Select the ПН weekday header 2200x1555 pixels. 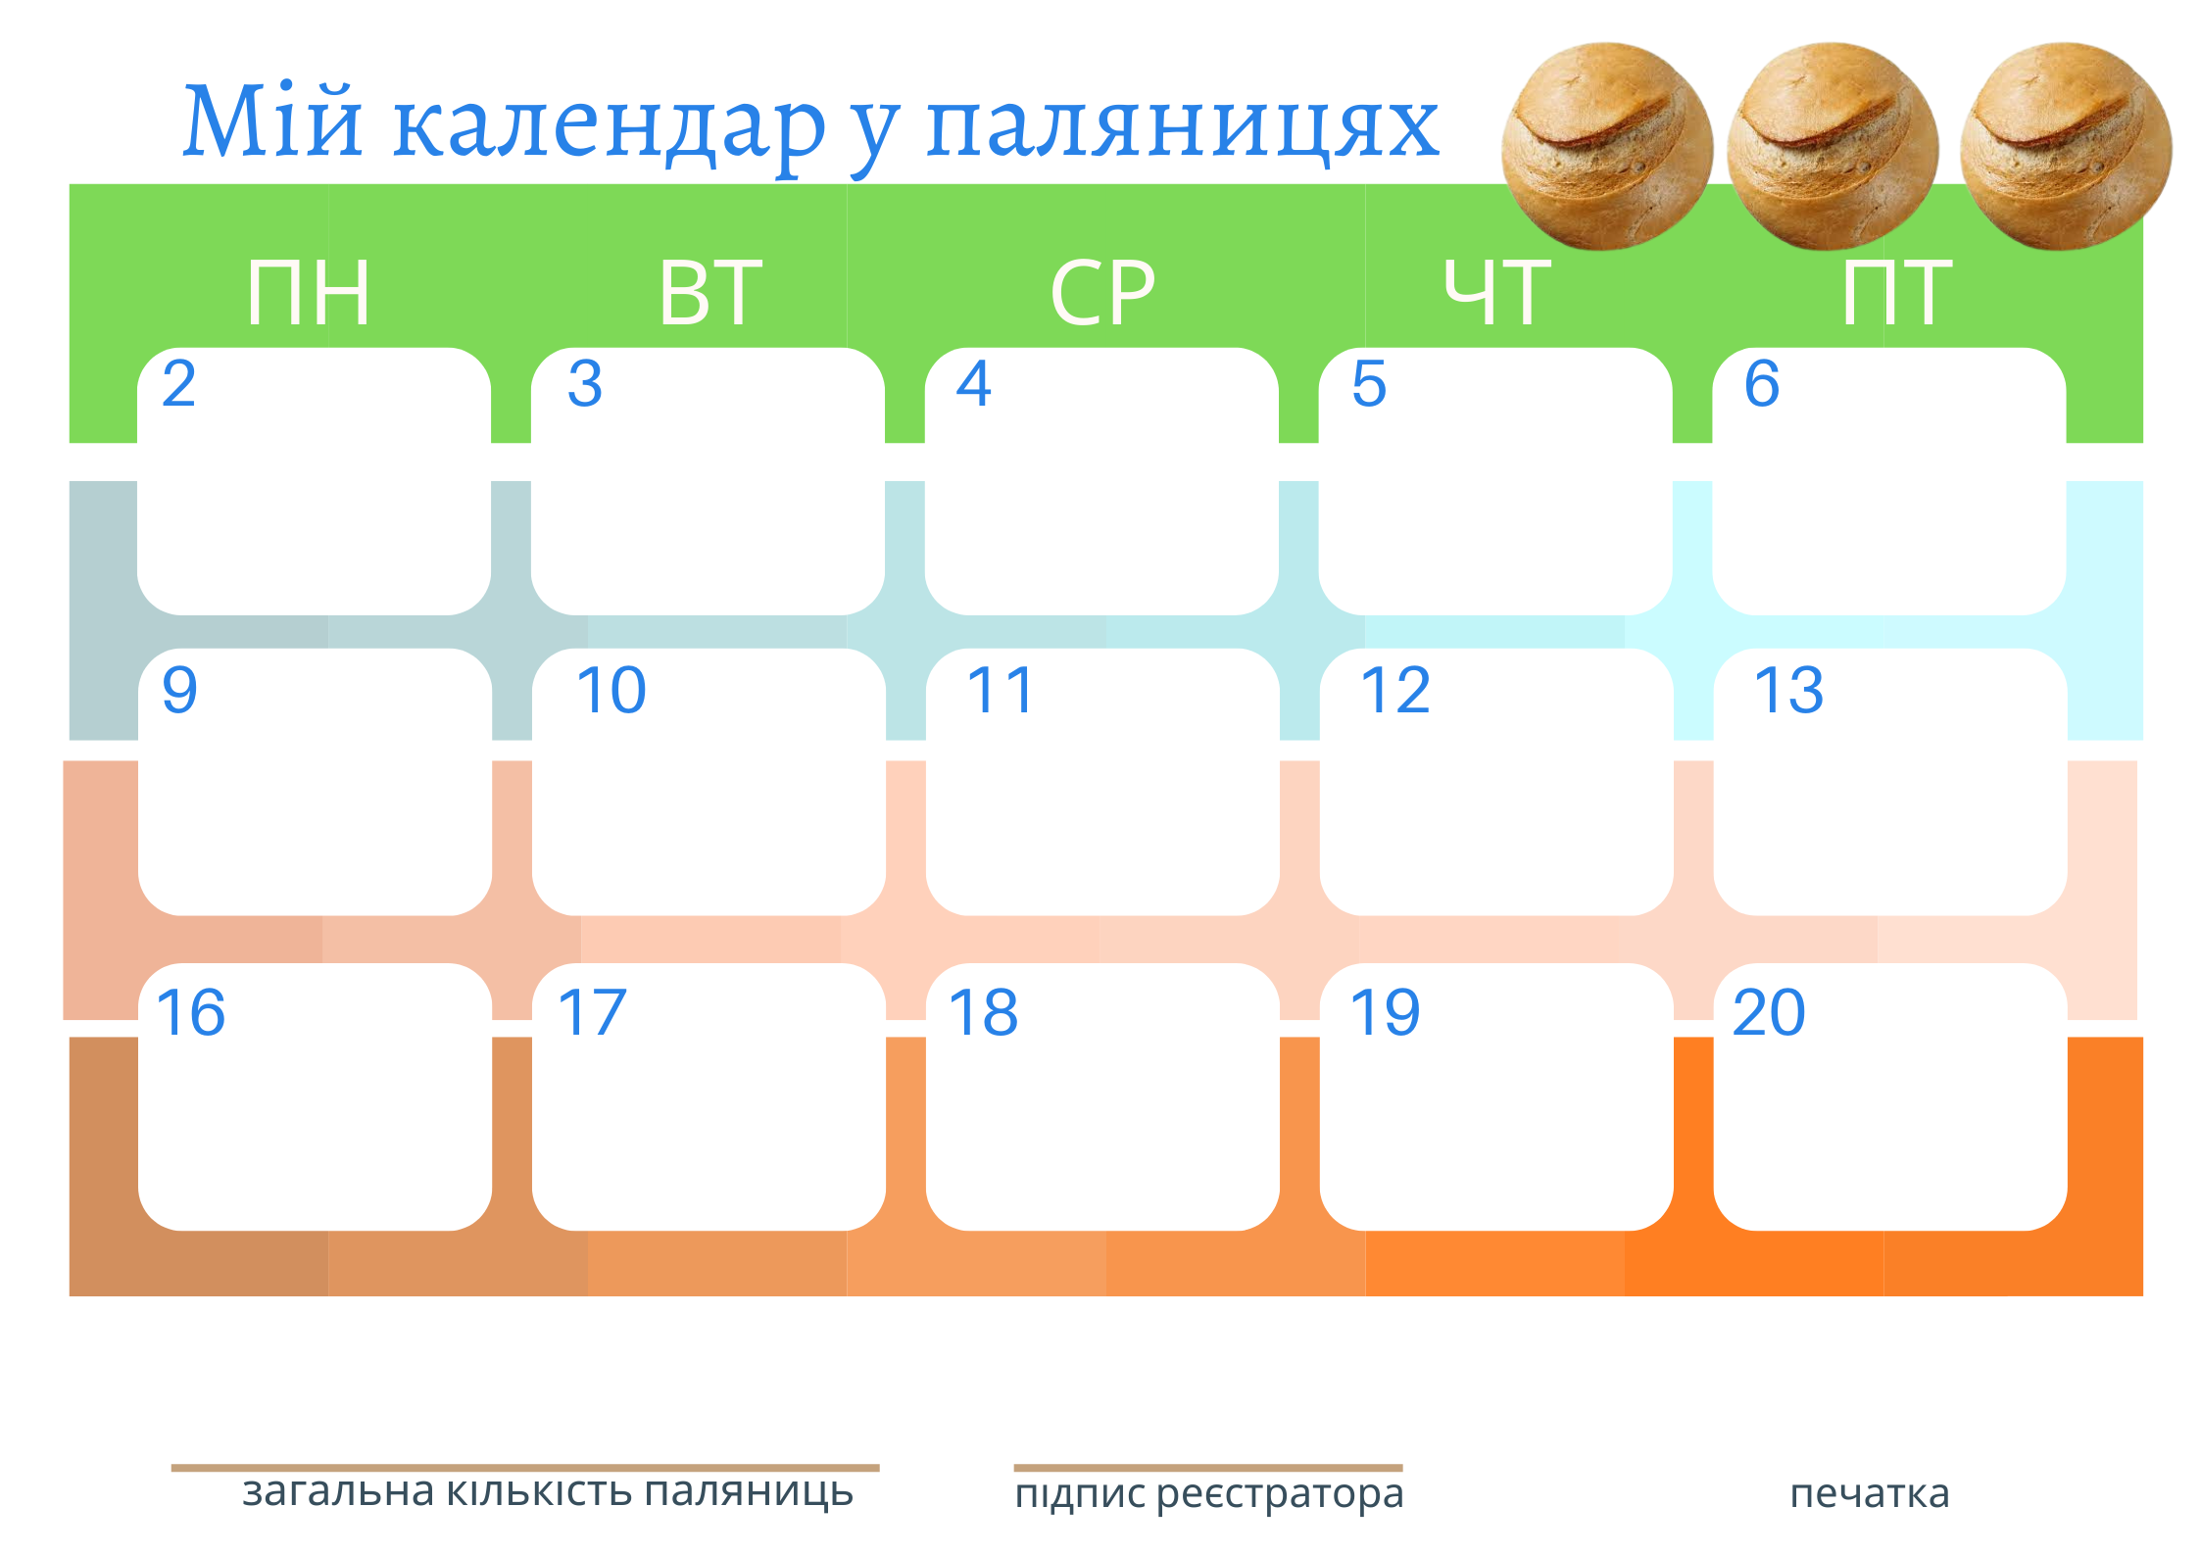[309, 292]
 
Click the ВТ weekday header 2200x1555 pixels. [710, 292]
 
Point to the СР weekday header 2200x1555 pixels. [1103, 292]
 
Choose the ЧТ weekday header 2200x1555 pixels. [1496, 292]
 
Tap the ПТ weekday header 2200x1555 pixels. [1897, 292]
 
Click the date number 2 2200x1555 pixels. [179, 383]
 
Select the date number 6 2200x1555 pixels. [1762, 383]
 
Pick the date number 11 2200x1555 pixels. [1000, 690]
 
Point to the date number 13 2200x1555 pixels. [1788, 690]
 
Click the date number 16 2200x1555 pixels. [191, 1012]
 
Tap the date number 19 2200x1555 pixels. [1385, 1012]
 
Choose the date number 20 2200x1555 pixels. [1769, 1012]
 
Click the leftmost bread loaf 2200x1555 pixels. [1607, 146]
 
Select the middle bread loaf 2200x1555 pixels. [1832, 146]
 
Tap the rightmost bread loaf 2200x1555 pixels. [2066, 146]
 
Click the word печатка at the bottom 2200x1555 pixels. [1870, 1493]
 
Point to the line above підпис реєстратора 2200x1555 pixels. [1208, 1468]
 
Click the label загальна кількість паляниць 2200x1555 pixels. [548, 1492]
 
